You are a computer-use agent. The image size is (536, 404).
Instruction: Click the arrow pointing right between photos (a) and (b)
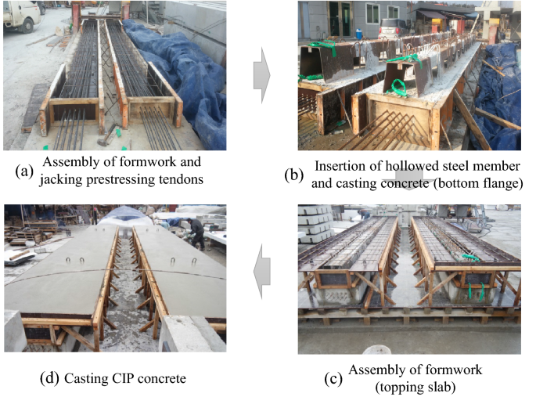point(261,76)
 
